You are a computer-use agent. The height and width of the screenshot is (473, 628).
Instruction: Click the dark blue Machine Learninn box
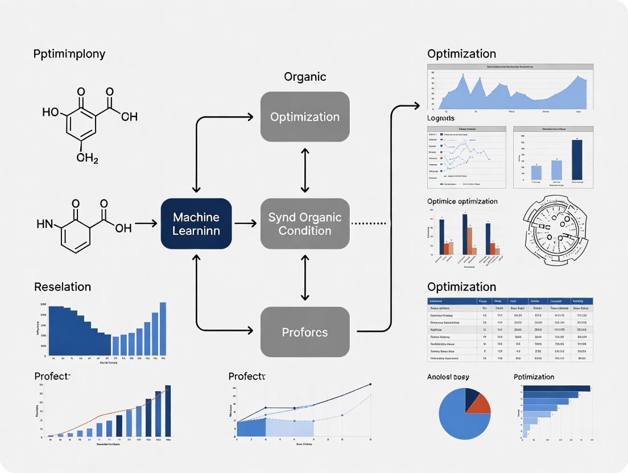pos(196,223)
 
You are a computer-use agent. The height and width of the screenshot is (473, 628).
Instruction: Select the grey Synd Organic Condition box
pos(304,223)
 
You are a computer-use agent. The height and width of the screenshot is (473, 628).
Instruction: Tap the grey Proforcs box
pos(304,332)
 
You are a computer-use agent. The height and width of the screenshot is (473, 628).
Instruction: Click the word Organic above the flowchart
pos(305,77)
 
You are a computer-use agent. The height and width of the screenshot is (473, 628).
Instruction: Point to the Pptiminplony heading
pos(69,54)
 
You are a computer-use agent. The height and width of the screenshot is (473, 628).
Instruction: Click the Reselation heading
pos(63,287)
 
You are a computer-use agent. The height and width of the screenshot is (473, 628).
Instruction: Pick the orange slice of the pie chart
pos(481,402)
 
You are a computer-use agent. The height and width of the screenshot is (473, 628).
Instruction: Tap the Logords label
pos(441,118)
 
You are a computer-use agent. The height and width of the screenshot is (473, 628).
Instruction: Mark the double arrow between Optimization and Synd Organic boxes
pos(305,170)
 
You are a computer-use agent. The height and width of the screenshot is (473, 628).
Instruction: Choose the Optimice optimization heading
pos(462,201)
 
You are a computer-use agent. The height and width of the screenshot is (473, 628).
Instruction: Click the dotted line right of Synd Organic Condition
pos(369,223)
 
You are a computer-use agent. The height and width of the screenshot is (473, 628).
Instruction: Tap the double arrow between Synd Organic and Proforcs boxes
pos(305,277)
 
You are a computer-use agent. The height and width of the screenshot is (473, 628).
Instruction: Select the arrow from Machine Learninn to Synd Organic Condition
pos(245,223)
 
